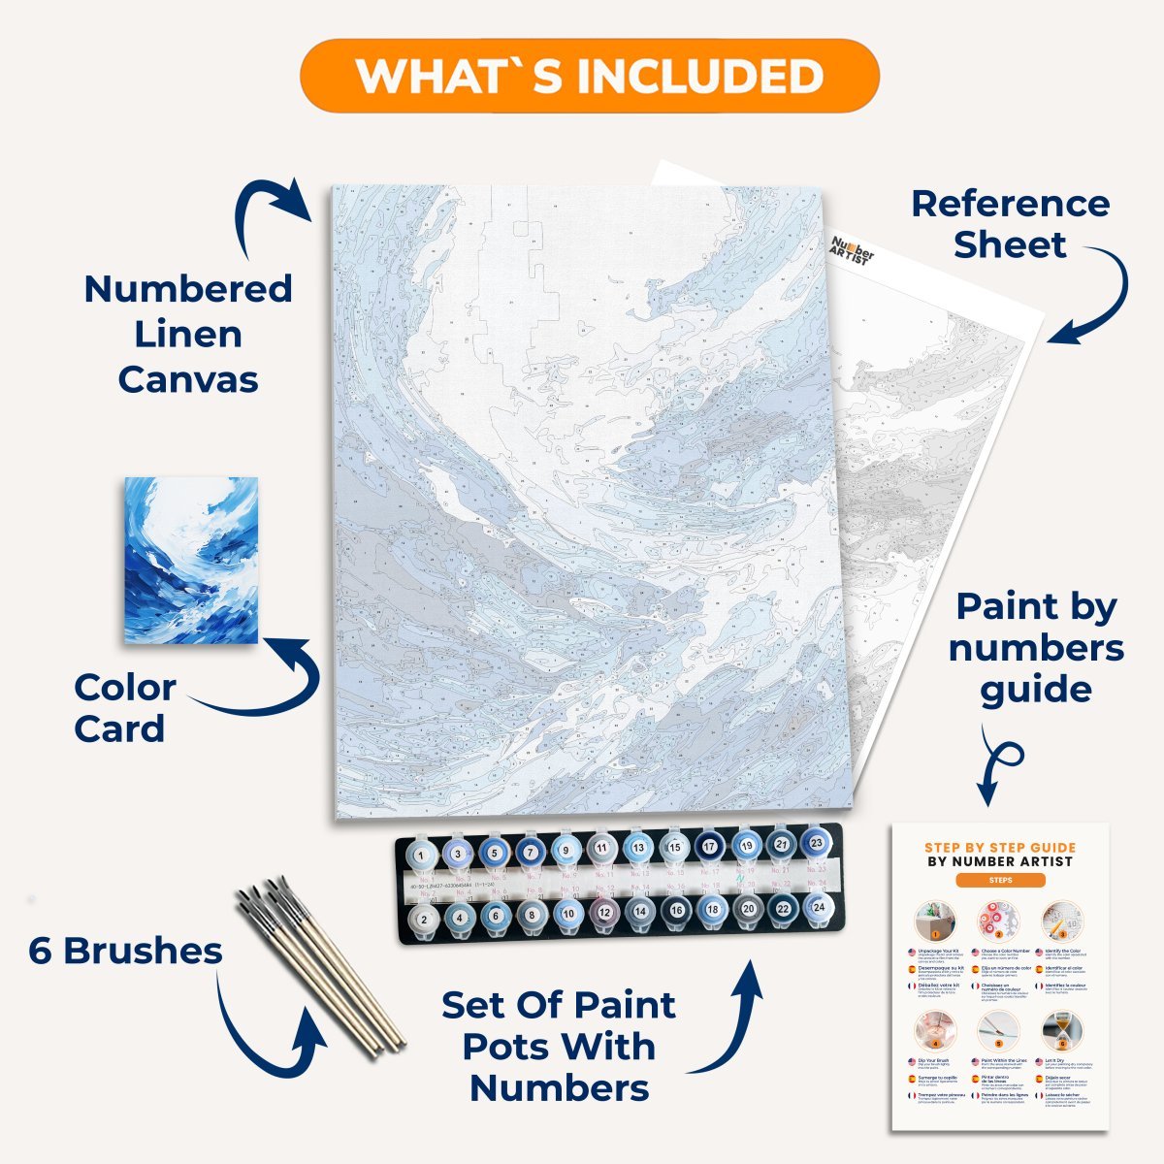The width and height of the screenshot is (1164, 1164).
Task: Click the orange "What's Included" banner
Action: pyautogui.click(x=590, y=76)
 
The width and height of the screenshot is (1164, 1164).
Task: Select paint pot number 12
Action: pyautogui.click(x=603, y=912)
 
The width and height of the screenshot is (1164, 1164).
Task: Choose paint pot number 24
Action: pyautogui.click(x=818, y=908)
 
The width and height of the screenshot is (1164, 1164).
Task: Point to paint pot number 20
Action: pyautogui.click(x=747, y=909)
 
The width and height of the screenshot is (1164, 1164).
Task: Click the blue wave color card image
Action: pyautogui.click(x=192, y=560)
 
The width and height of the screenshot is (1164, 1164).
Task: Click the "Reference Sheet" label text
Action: pyautogui.click(x=1010, y=224)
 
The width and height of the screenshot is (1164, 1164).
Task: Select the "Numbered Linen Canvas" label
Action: pyautogui.click(x=187, y=334)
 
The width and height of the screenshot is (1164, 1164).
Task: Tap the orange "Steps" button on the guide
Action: pyautogui.click(x=1000, y=881)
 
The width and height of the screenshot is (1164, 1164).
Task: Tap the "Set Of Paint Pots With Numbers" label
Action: pyautogui.click(x=560, y=1048)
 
